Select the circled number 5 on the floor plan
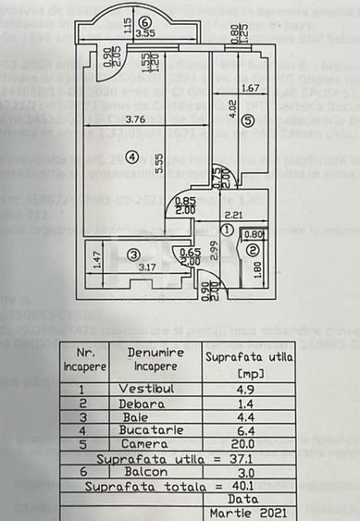tap(247, 121)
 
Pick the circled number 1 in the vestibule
tap(229, 229)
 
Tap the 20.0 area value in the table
tap(245, 444)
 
